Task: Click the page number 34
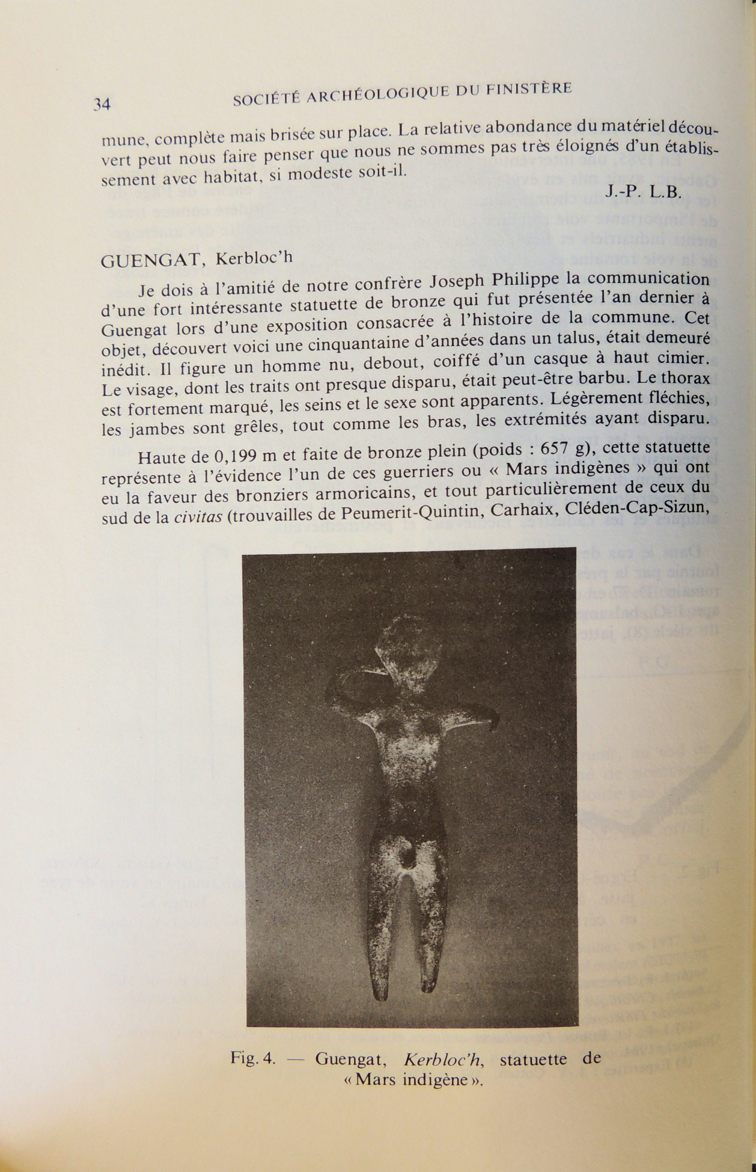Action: click(102, 104)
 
